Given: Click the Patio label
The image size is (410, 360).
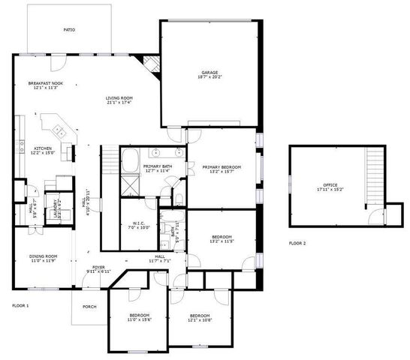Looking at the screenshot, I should tap(69, 30).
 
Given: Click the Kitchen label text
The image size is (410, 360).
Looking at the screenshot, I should tap(43, 148).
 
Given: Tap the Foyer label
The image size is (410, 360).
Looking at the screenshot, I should tap(98, 266).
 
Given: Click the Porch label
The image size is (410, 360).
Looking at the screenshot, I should tap(89, 306).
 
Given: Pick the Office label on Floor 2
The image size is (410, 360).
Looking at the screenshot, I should tap(330, 185).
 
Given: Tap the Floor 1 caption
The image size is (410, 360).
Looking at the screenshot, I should tap(20, 306).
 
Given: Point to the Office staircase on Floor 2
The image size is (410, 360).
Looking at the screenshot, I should tap(374, 173).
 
